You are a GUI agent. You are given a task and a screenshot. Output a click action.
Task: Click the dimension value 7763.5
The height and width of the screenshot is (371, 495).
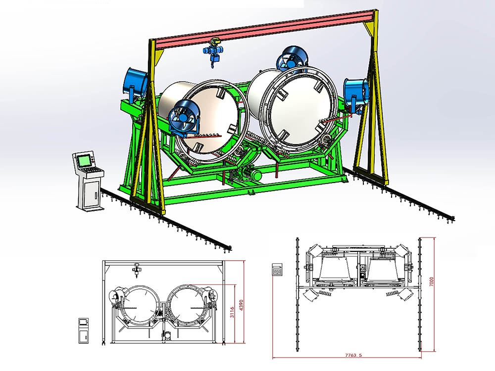click(353, 355)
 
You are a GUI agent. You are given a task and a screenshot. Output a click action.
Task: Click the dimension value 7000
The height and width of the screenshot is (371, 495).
click(432, 282)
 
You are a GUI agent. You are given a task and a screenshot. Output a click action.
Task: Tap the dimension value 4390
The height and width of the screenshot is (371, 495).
click(242, 305)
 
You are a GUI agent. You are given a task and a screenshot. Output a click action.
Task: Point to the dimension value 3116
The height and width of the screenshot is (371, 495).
click(232, 312)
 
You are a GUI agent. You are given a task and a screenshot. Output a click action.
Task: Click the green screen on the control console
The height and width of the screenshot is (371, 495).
click(84, 161)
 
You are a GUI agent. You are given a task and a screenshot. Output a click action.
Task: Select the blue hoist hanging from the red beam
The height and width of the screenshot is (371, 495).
click(212, 51)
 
